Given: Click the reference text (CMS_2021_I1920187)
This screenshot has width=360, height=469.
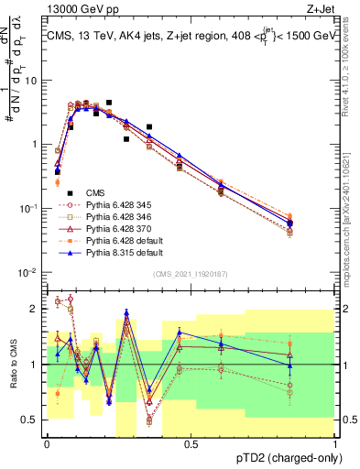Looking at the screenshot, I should point(190,275).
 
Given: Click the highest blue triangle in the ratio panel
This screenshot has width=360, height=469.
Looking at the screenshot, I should point(126,312).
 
